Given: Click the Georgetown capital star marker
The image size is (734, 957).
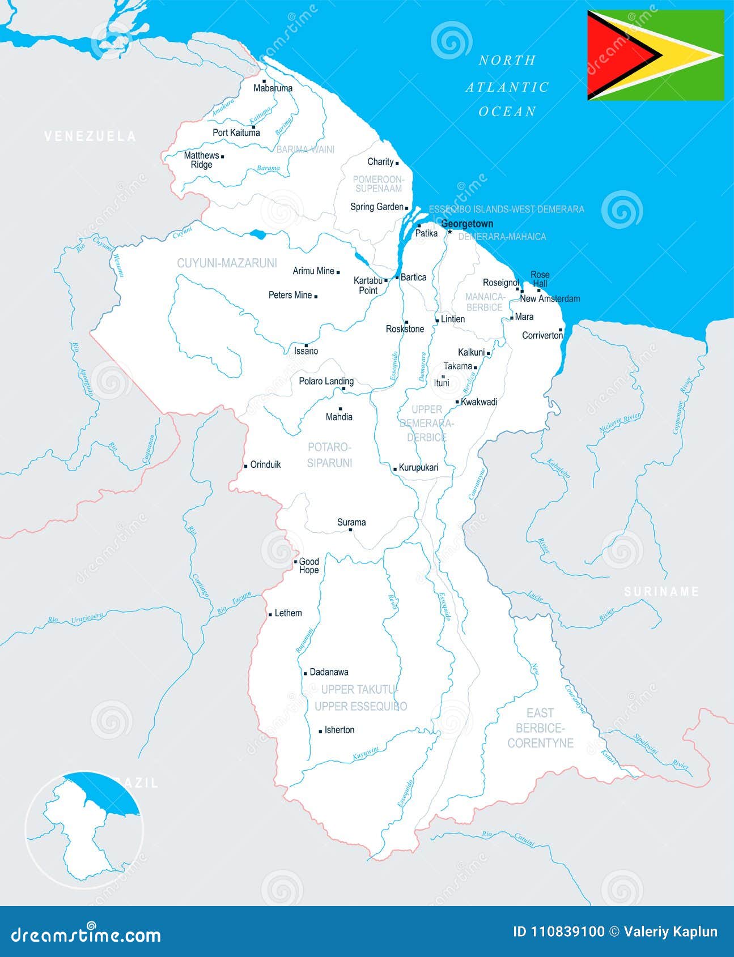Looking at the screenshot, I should coord(450,232).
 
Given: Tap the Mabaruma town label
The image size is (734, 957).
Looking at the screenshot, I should coord(273,88).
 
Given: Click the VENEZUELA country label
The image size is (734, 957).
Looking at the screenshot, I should coord(90,136).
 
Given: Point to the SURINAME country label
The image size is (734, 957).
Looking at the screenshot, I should coord(661,592).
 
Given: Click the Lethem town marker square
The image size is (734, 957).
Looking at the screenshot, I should coord(270,614).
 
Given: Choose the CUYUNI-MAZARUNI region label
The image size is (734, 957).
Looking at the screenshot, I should coord(227,263).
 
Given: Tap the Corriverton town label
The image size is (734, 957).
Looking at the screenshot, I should coord(542,335).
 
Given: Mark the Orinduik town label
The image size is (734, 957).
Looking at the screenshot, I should coord(265,464).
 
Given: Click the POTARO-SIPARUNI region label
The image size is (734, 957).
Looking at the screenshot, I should coord(329,455).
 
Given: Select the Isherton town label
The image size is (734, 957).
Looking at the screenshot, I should coord(339,730).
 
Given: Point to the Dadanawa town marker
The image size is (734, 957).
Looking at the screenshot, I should coord(305,673).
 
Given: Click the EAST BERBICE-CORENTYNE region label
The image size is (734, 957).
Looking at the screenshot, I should coord(540,728).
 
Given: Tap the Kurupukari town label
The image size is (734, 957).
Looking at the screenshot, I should coord(418,468).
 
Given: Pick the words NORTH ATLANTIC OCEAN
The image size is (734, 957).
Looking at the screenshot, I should coord(507,86).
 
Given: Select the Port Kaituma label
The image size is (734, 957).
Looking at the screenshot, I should coord(236,133).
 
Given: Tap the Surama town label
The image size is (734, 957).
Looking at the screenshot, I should coord(351,522).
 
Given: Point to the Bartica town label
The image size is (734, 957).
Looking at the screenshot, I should coord(413,277).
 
